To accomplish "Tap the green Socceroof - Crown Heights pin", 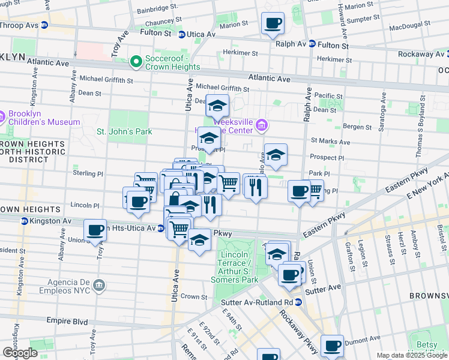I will pyautogui.click(x=136, y=61).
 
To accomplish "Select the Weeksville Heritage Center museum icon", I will pyautogui.click(x=261, y=125).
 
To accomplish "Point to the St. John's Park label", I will pyautogui.click(x=124, y=131).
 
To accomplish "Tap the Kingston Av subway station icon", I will pyautogui.click(x=25, y=221).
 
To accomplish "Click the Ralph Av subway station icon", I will pyautogui.click(x=312, y=44).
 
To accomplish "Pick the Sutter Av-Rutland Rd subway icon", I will pyautogui.click(x=298, y=302).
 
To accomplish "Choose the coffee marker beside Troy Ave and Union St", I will pyautogui.click(x=95, y=230).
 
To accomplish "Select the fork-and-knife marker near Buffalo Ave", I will pyautogui.click(x=256, y=187).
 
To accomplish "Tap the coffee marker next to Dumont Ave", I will pyautogui.click(x=332, y=346).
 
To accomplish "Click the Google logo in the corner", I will pyautogui.click(x=20, y=352).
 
